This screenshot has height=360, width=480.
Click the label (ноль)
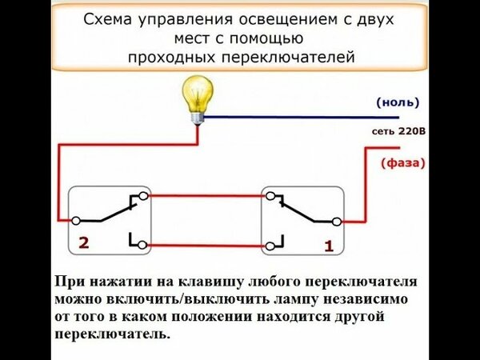click(x=397, y=102)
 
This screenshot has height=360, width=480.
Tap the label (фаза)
click(x=402, y=162)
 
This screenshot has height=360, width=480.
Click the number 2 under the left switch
click(x=83, y=241)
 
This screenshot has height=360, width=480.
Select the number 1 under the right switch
click(x=328, y=247)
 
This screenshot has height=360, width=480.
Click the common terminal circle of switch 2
click(x=75, y=219)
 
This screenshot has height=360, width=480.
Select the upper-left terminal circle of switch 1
click(x=272, y=195)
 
